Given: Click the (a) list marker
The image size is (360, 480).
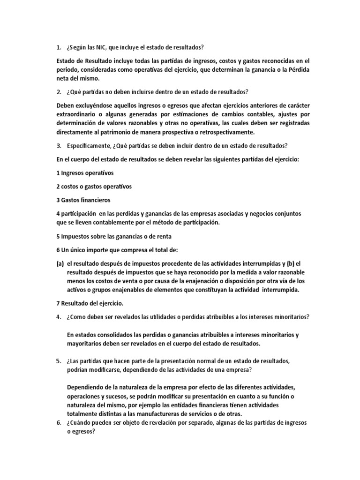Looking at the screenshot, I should pos(60,263).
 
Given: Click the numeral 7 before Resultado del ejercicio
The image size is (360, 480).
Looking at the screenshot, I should pos(58,303).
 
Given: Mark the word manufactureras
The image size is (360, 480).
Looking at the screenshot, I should pos(155,413).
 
